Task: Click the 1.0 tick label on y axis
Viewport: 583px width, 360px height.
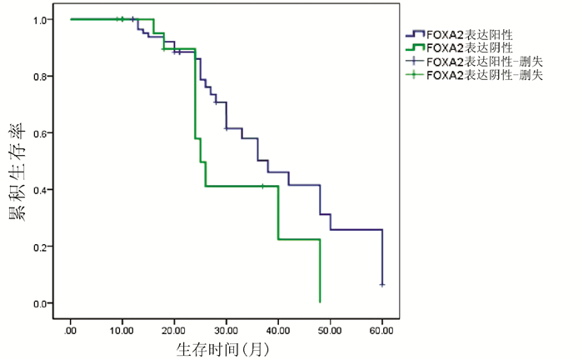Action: click(40, 19)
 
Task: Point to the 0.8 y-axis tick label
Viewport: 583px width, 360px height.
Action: click(40, 76)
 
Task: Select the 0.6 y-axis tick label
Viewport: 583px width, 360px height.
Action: click(40, 132)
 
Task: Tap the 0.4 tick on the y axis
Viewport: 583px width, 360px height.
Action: click(40, 189)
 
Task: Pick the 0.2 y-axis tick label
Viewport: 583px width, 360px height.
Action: click(40, 247)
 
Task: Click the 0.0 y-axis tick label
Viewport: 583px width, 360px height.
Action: click(40, 303)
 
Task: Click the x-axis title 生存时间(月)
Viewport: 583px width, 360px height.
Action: click(222, 345)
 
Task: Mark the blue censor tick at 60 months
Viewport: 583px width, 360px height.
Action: click(382, 285)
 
